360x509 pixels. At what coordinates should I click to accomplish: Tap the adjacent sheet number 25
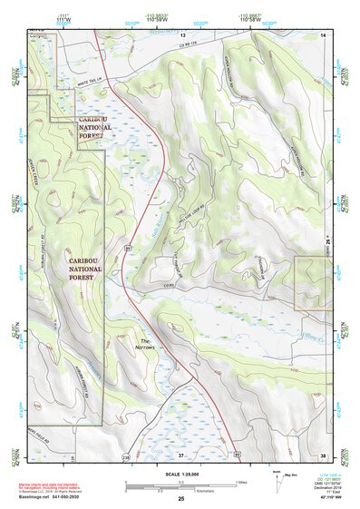pos(180,498)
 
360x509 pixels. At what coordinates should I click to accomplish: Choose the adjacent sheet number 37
pos(180,455)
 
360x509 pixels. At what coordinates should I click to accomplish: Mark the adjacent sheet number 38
pos(323,455)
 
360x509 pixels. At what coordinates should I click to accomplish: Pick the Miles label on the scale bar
pos(239,482)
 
